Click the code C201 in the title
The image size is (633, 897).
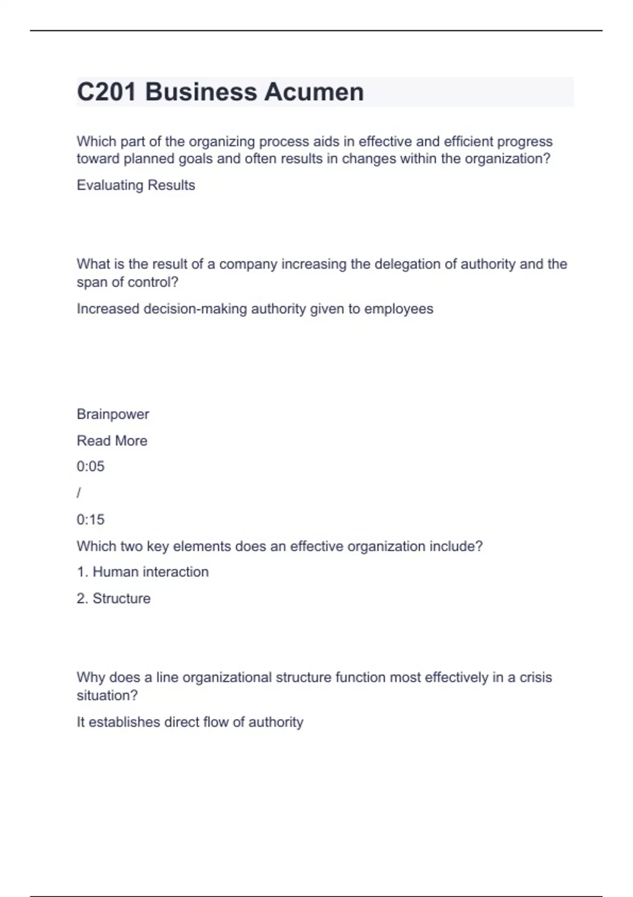[107, 92]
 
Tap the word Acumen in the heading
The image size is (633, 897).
[314, 92]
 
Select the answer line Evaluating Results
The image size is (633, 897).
[136, 185]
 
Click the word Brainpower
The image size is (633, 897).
[113, 414]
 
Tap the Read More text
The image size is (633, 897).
[112, 441]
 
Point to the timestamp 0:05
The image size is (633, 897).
[90, 466]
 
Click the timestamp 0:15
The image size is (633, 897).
[90, 520]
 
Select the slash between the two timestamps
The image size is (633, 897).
[79, 493]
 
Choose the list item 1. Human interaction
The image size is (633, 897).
[142, 572]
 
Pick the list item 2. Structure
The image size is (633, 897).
[113, 598]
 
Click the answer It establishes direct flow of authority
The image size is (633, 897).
[190, 722]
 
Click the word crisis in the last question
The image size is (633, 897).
[535, 677]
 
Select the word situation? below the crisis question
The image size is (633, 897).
[107, 695]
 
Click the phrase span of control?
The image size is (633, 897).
[127, 282]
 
